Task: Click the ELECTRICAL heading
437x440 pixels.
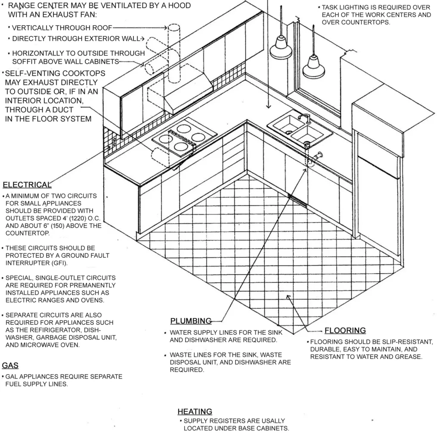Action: [27, 185]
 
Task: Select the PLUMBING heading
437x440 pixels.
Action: [191, 321]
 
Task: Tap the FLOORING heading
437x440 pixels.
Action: [345, 330]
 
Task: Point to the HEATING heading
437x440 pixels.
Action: [195, 412]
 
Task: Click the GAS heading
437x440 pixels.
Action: [10, 366]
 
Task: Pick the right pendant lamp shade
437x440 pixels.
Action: [313, 69]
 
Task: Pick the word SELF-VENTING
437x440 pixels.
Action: [34, 73]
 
